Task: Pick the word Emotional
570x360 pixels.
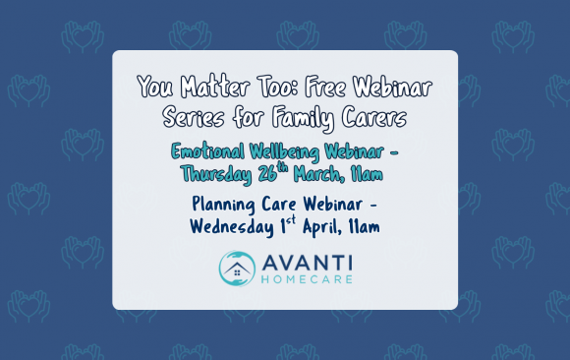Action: coord(208,153)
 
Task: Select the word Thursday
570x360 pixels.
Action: coord(220,174)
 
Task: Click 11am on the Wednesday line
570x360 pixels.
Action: coord(365,227)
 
